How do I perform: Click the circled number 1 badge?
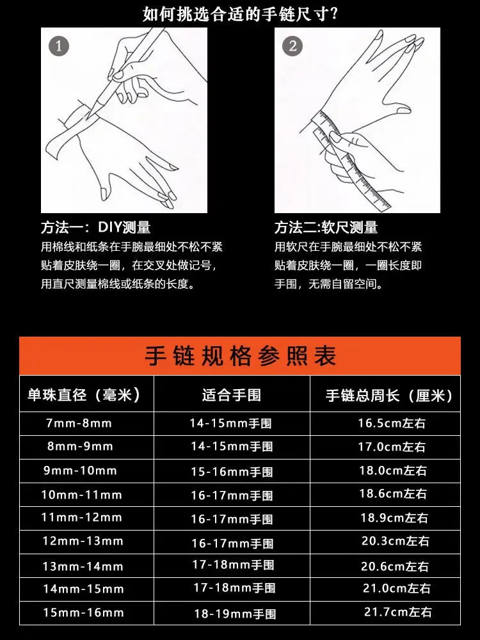coord(59,45)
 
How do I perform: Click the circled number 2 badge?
coord(292,45)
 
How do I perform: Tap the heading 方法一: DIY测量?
coord(96,227)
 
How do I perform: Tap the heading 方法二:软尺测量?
coord(326,227)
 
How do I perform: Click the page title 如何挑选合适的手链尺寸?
coord(241,14)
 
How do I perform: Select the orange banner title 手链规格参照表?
coord(241,355)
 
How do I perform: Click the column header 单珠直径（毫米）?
coord(84,395)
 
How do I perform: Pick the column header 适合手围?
coord(232,395)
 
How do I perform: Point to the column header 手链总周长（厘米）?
coord(390,396)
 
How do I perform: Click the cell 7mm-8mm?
coord(79,423)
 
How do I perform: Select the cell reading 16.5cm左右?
coord(392,423)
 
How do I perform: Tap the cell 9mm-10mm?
coord(81,470)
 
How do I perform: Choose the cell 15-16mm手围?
coord(232,472)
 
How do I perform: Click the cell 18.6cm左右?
coord(393,494)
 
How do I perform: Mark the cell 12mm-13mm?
coord(83,541)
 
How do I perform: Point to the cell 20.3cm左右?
coord(396,541)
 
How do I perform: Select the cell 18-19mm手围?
coord(235,614)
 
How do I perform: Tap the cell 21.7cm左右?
coord(398,612)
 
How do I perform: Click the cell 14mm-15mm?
coord(84,589)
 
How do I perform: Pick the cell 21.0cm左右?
coord(397,589)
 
